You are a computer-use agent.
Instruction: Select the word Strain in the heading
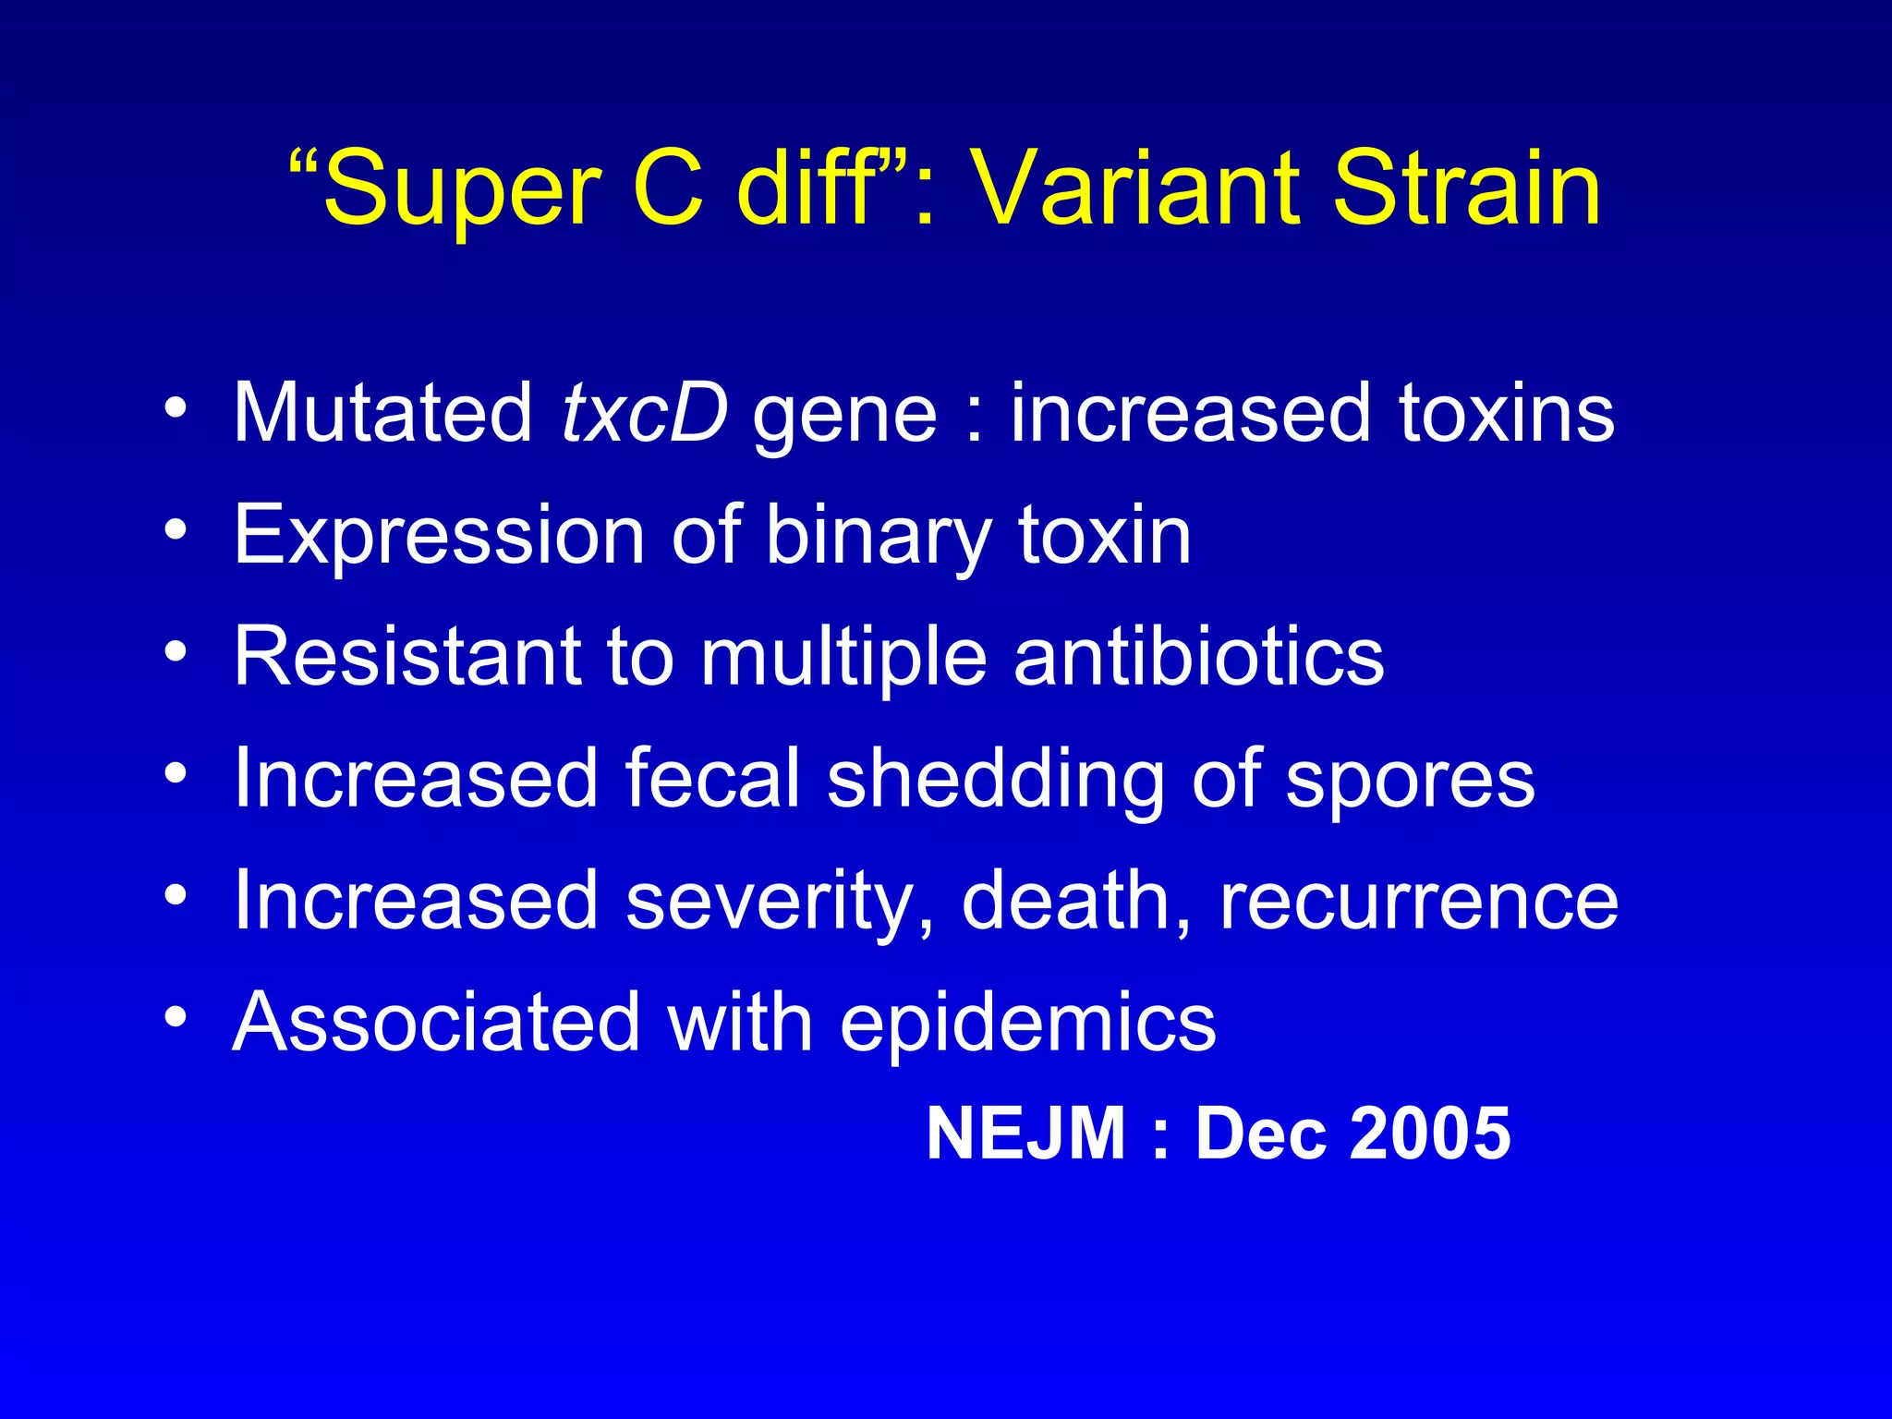pos(1467,190)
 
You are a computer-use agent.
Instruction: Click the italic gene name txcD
pos(644,413)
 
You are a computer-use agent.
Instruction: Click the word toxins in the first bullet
pos(1507,413)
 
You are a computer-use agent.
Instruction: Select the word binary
pos(879,536)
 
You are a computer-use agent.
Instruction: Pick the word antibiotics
pos(1198,657)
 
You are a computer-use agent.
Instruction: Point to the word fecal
pos(712,780)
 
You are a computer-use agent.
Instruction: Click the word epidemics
pos(1027,1024)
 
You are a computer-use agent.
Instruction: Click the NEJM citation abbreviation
pos(1025,1134)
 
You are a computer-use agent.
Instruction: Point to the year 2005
pos(1429,1134)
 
